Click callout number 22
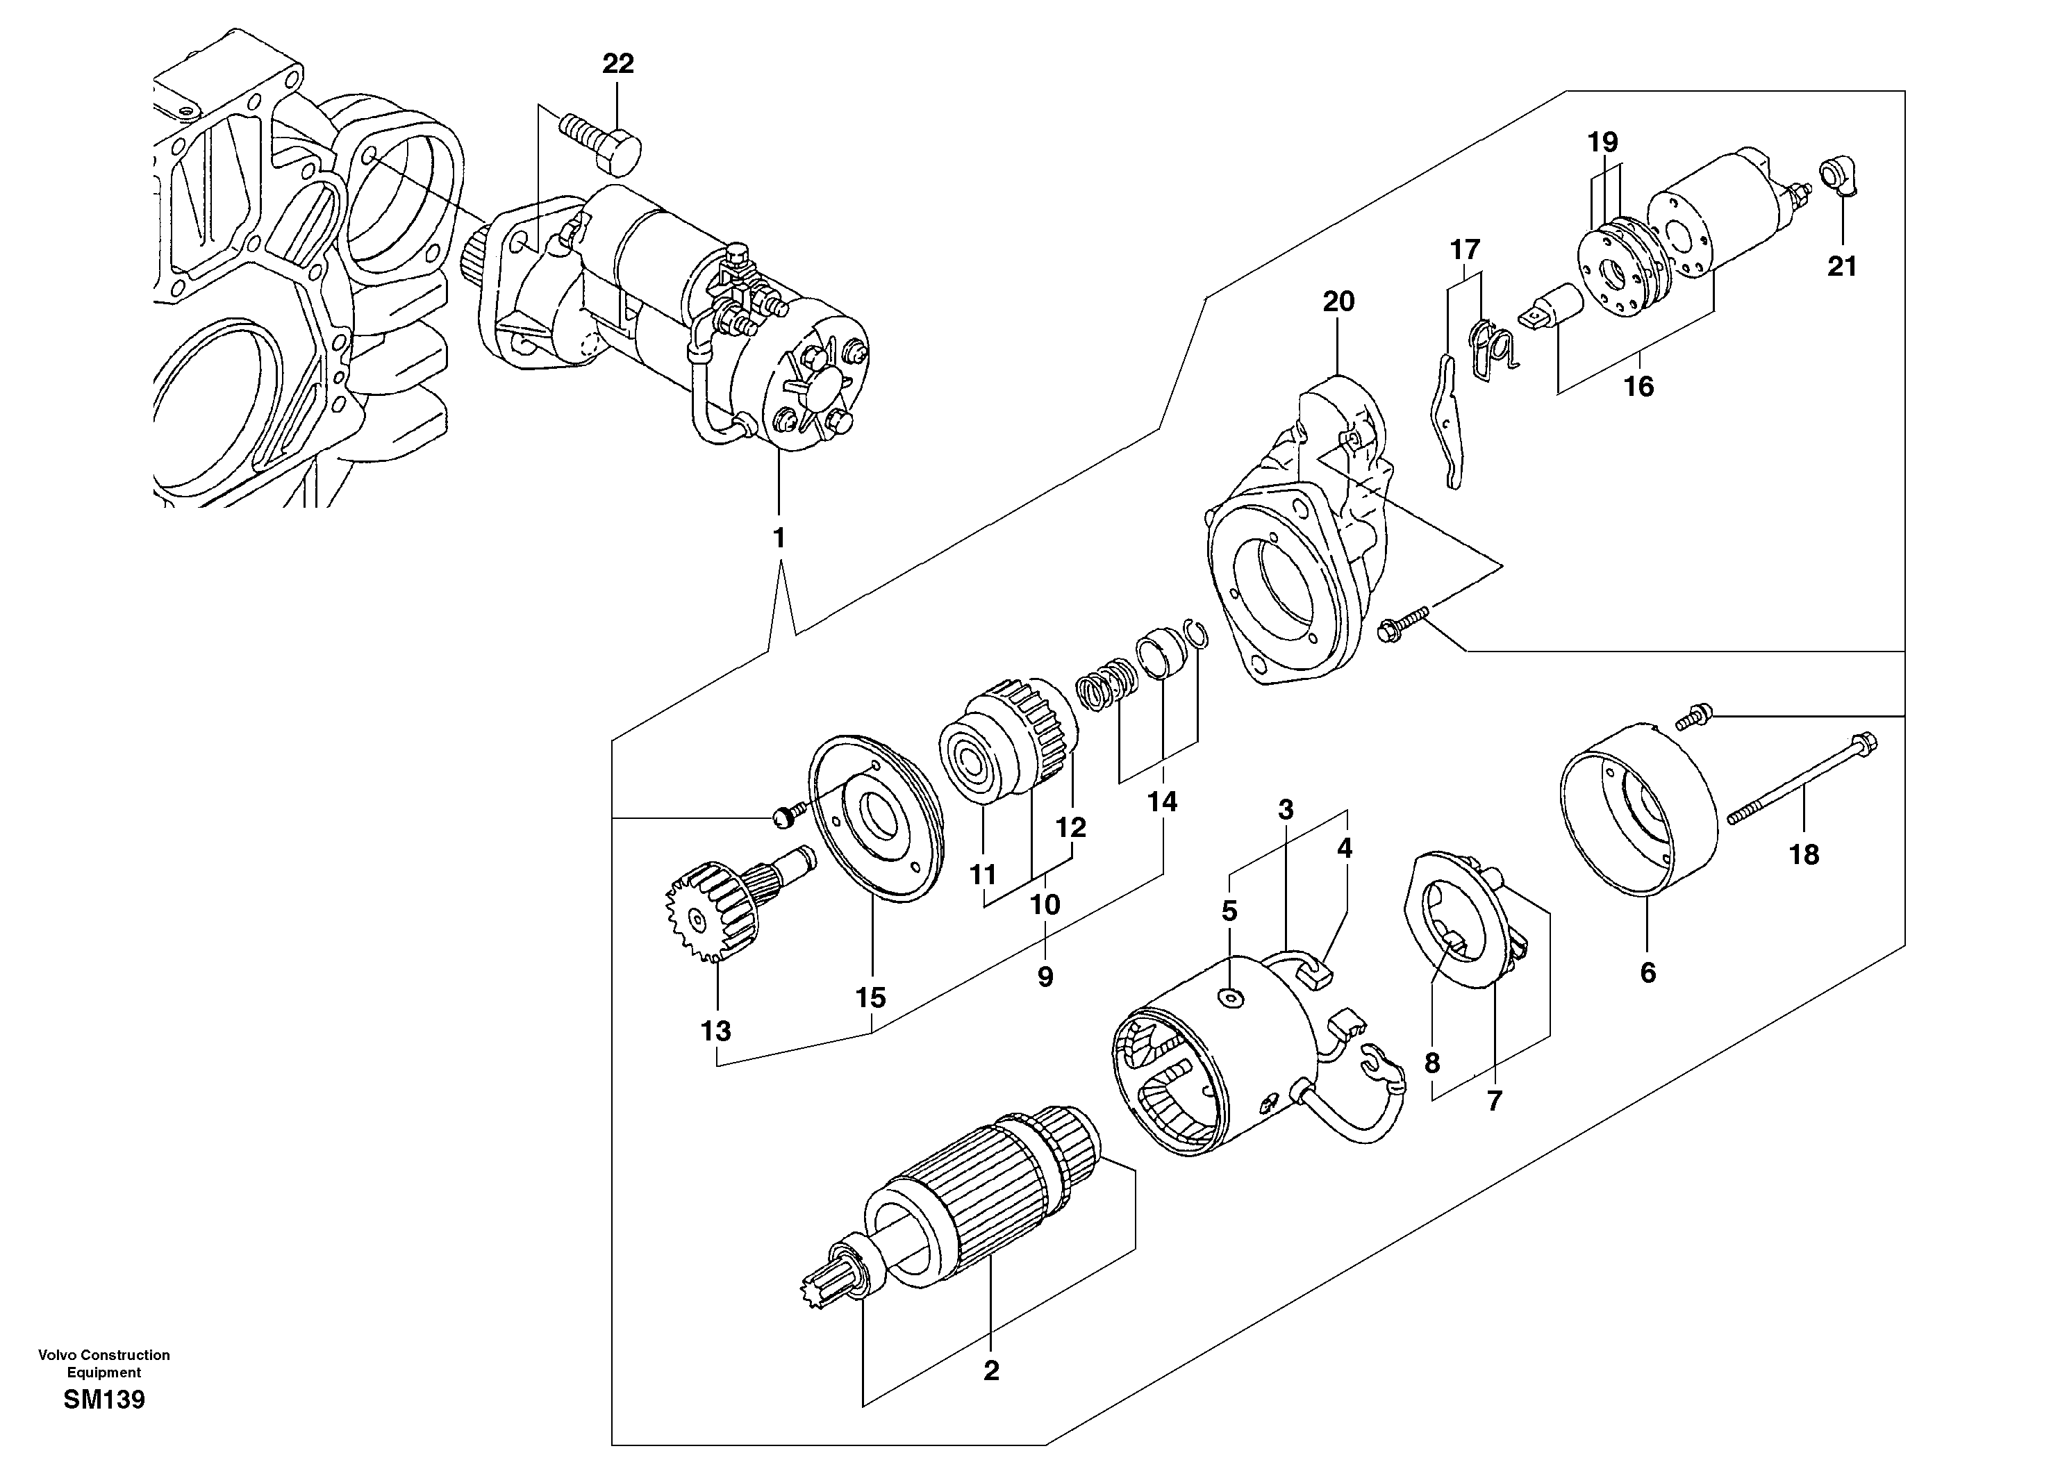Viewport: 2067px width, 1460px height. (617, 64)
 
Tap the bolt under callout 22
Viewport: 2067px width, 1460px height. (601, 143)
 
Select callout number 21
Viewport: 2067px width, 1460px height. (1842, 267)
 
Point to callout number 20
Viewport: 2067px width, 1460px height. (1338, 301)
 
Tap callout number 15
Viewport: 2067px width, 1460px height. (870, 997)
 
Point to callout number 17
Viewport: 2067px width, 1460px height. (1465, 249)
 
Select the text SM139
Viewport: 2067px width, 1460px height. (103, 1400)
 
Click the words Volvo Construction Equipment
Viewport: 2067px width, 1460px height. (103, 1363)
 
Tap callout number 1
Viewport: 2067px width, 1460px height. (779, 538)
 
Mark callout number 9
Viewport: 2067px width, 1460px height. (1045, 977)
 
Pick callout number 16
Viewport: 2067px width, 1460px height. (1638, 387)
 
